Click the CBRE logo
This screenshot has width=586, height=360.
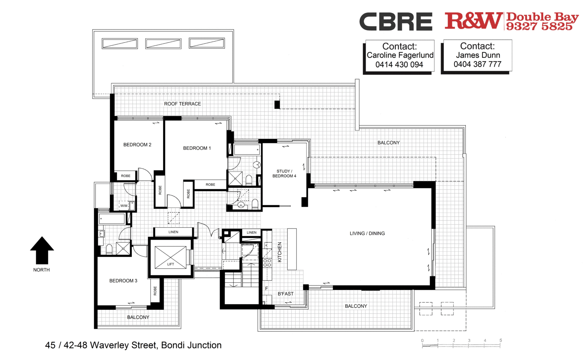point(396,21)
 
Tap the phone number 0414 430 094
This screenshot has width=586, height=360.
point(399,65)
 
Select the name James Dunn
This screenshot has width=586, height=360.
point(478,55)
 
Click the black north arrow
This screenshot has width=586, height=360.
point(42,250)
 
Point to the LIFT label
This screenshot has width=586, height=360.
point(170,264)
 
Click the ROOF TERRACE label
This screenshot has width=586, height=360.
point(182,104)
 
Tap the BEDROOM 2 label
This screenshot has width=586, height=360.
point(137,145)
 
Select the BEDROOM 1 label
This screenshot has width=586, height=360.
point(197,148)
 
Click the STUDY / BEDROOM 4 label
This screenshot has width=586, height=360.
point(284,174)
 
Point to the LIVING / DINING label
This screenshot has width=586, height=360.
point(367,234)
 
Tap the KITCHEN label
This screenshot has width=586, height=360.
point(280,252)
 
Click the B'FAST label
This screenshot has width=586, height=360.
point(286,294)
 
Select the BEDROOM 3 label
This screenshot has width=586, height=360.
point(123,281)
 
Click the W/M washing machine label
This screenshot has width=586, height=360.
point(124,206)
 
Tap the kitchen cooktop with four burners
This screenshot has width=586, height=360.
point(267,263)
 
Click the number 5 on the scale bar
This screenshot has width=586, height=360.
point(500,340)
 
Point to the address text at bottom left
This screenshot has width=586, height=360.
point(133,345)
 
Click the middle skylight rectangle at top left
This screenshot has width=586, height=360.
point(163,44)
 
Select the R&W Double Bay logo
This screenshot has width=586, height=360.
point(512,21)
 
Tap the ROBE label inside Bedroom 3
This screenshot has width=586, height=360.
point(155,291)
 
